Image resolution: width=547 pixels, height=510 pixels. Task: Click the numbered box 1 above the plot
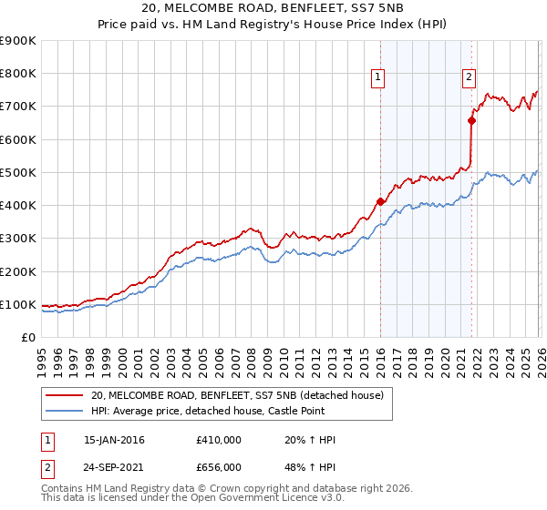pos(377,78)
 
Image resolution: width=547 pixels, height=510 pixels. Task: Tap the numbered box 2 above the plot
pos(469,78)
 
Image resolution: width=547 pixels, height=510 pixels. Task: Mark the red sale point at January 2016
pos(379,201)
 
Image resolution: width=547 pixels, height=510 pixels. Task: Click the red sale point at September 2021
pos(471,120)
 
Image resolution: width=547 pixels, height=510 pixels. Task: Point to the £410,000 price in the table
pos(218,440)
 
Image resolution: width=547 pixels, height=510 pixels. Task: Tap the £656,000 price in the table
pos(218,466)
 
